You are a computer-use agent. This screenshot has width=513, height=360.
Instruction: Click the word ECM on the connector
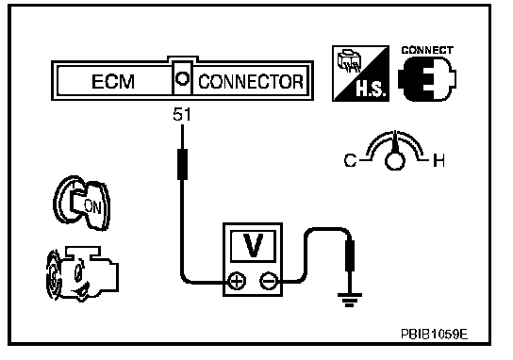point(113,82)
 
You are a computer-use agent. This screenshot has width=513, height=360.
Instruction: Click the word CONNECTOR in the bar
point(251,82)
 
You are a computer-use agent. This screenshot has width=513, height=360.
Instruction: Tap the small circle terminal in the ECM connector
point(182,79)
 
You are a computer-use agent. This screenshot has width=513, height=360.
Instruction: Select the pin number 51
point(182,114)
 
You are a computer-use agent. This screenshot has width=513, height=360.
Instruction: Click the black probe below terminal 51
point(182,164)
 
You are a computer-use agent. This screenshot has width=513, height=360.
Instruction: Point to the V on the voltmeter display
point(253,246)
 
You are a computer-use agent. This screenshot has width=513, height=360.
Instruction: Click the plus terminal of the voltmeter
point(237,281)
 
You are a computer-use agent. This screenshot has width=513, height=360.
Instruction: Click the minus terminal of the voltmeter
point(269,281)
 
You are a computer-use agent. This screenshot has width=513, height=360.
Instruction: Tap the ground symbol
point(350,300)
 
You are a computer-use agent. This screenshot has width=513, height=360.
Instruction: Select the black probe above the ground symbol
point(350,256)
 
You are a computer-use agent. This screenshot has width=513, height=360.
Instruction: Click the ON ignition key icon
point(82,203)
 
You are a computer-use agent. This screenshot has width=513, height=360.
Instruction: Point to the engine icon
point(82,274)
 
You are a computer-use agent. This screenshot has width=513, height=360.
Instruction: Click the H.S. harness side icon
point(360,74)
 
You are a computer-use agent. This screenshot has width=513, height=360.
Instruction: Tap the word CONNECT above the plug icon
point(427,50)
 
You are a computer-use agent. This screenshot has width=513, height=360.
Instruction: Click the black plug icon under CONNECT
point(427,79)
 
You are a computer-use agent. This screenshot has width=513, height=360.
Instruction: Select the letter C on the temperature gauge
point(350,161)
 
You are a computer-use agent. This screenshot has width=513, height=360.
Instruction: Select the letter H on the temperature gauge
point(439,160)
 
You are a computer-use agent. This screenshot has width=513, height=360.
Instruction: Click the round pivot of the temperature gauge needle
point(395,161)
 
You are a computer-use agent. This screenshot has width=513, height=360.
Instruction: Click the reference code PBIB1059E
point(435,335)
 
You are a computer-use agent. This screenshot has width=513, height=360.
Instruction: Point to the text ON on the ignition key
point(92,206)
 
